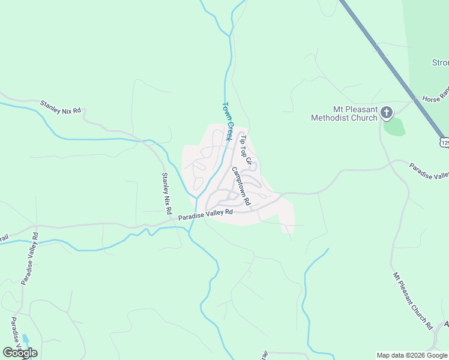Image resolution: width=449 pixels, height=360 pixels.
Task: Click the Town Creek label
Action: click(x=228, y=121)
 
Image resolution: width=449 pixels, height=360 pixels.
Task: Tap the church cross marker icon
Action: click(x=387, y=112)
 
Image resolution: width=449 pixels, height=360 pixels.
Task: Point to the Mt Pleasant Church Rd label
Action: click(x=413, y=301)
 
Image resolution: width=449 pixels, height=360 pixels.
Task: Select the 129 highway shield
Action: click(x=444, y=142)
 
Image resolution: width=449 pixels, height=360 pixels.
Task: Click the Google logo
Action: click(x=20, y=353)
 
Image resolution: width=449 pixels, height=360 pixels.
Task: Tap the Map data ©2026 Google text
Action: click(x=412, y=355)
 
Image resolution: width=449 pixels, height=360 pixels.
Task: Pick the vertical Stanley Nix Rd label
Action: click(x=166, y=193)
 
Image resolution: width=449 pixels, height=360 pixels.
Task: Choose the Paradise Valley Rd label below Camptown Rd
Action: click(x=205, y=214)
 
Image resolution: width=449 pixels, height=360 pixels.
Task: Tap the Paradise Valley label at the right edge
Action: click(x=429, y=170)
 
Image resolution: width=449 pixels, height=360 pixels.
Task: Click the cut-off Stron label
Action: click(x=440, y=62)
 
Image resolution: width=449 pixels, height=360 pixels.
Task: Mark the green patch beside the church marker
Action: click(x=393, y=127)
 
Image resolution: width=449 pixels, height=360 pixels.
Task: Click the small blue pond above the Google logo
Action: click(x=25, y=339)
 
